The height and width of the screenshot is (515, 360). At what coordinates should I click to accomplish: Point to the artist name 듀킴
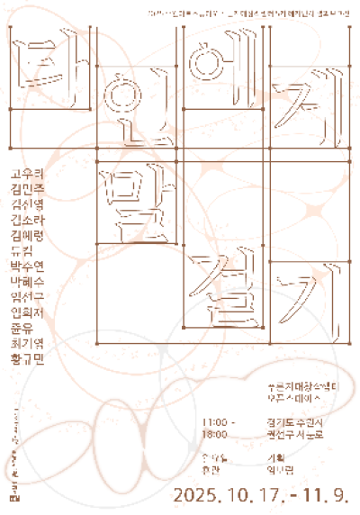pos(21,252)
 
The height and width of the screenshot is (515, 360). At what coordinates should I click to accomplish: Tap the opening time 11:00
pos(216,421)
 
